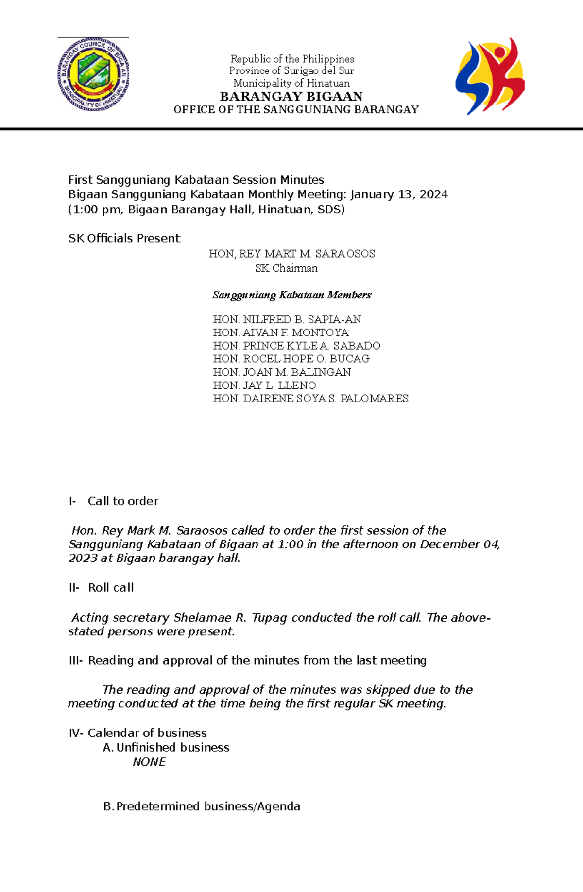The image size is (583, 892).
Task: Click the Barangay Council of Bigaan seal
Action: click(x=93, y=74)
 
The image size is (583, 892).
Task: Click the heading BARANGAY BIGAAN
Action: click(x=291, y=96)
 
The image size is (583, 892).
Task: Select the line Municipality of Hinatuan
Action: click(x=291, y=83)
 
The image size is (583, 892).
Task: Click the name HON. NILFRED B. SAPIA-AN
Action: click(x=287, y=319)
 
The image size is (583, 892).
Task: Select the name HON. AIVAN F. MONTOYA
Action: click(x=280, y=332)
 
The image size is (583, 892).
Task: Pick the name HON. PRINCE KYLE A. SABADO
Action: click(x=296, y=346)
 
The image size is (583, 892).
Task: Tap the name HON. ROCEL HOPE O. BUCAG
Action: click(x=291, y=359)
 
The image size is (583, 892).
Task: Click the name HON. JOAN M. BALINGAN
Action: click(x=282, y=372)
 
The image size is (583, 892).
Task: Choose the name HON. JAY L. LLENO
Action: click(x=264, y=385)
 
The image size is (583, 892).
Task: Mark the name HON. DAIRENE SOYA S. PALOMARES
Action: click(x=310, y=399)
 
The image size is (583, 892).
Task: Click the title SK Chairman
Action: click(x=286, y=268)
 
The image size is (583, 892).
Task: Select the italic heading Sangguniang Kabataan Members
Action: click(x=292, y=295)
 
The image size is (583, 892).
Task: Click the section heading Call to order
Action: click(x=123, y=501)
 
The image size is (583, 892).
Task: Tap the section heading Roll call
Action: click(x=111, y=588)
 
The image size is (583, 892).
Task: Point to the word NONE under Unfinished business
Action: click(x=149, y=762)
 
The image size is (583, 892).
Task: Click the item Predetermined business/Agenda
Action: click(x=208, y=806)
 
